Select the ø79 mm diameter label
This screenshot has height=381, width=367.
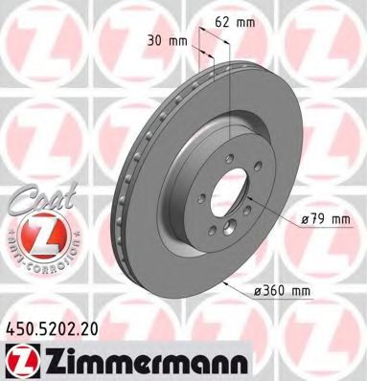[x=323, y=219]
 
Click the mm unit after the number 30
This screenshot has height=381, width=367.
[x=177, y=42]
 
